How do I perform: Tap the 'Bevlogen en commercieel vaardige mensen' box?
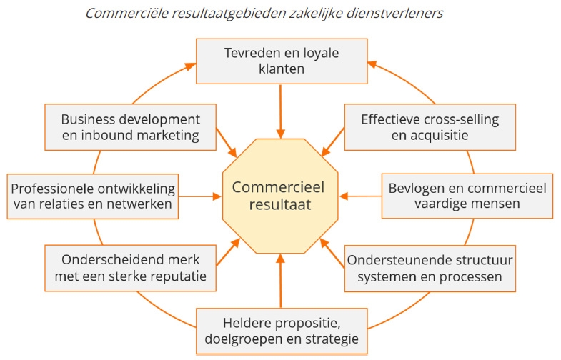tap(466, 196)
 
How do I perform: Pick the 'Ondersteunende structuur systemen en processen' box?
tap(430, 267)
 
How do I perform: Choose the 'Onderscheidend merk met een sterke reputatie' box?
tap(130, 267)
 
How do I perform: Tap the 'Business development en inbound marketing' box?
tap(130, 126)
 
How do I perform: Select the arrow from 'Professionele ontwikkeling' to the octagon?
tap(199, 196)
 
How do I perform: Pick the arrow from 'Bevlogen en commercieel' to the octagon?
tap(360, 196)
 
